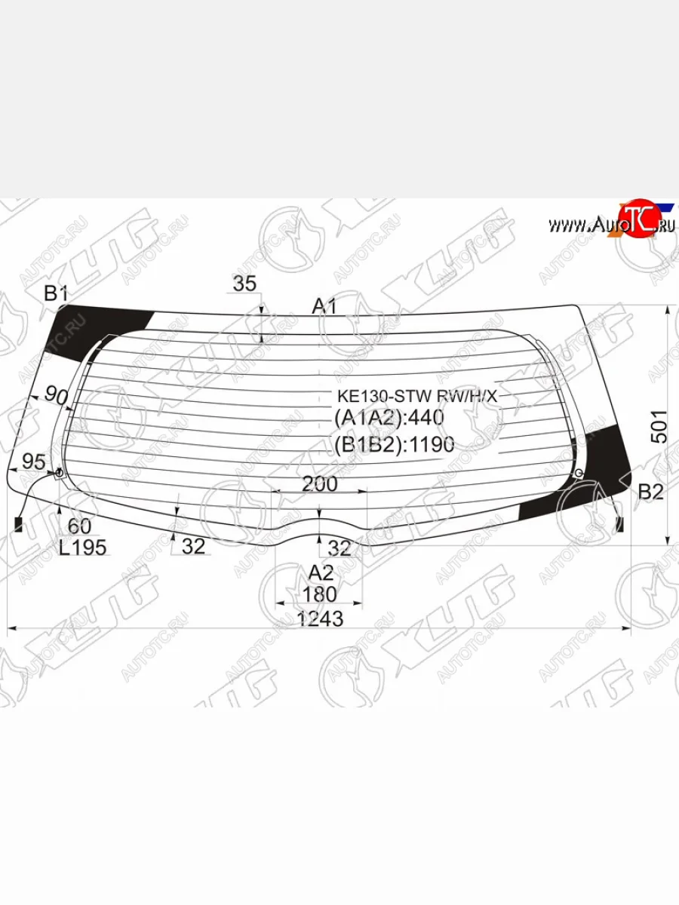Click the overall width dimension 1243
[320, 618]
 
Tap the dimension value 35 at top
[244, 284]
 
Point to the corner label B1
[56, 293]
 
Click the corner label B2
[650, 492]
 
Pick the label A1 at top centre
[324, 305]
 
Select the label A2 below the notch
[321, 572]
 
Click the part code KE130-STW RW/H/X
[418, 396]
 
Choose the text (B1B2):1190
[394, 445]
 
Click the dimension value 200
[319, 484]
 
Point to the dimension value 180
[319, 594]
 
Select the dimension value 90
[56, 394]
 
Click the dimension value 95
[33, 461]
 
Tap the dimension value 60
[79, 526]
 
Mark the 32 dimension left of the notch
[193, 547]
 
